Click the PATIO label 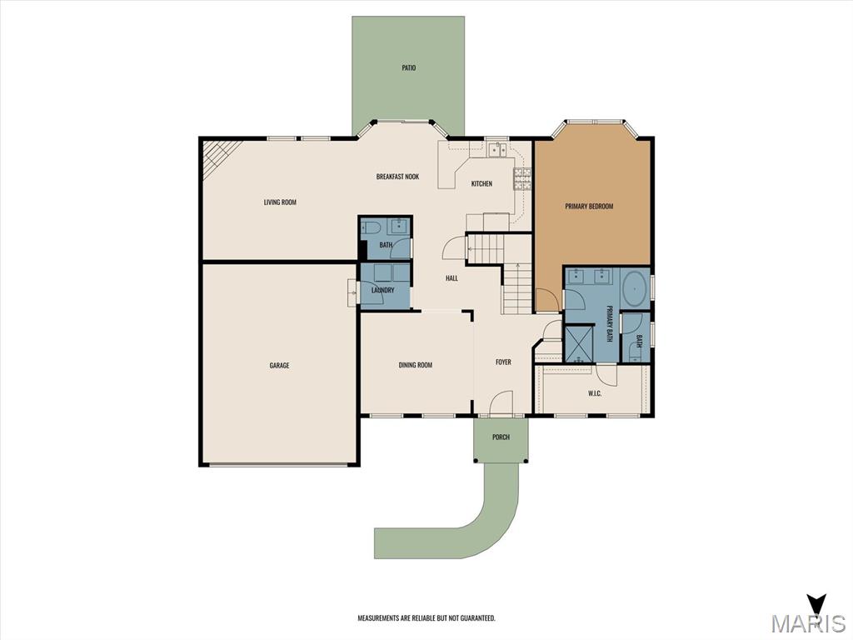[408, 68]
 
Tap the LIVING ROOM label [280, 202]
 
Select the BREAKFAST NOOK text [397, 177]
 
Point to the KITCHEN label [481, 184]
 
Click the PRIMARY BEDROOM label [589, 207]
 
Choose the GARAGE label [280, 366]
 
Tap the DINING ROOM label [416, 365]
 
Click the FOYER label [503, 362]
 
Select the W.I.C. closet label [595, 393]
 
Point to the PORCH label [501, 437]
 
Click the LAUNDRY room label [383, 290]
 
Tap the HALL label [452, 278]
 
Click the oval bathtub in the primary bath [634, 288]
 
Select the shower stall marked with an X [580, 343]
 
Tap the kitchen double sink [497, 148]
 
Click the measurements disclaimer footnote [426, 618]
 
